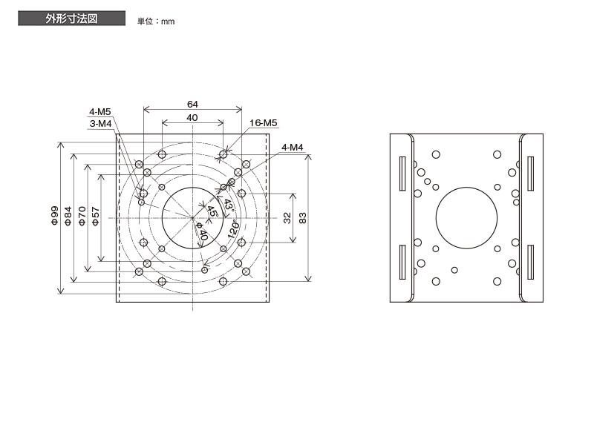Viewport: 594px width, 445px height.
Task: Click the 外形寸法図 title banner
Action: [x=71, y=18]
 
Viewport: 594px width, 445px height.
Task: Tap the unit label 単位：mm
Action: [x=156, y=22]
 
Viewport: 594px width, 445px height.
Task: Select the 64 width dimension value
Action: [x=192, y=104]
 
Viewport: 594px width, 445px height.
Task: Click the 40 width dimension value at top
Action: [x=192, y=118]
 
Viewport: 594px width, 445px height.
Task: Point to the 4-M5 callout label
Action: [x=100, y=112]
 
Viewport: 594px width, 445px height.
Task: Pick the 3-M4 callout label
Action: [x=100, y=124]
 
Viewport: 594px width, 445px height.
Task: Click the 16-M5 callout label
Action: [x=264, y=122]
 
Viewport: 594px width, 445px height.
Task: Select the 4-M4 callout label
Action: [x=293, y=147]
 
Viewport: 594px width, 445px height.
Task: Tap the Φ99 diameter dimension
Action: [x=55, y=216]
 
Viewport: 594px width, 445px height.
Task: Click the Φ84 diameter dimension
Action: [x=68, y=216]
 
